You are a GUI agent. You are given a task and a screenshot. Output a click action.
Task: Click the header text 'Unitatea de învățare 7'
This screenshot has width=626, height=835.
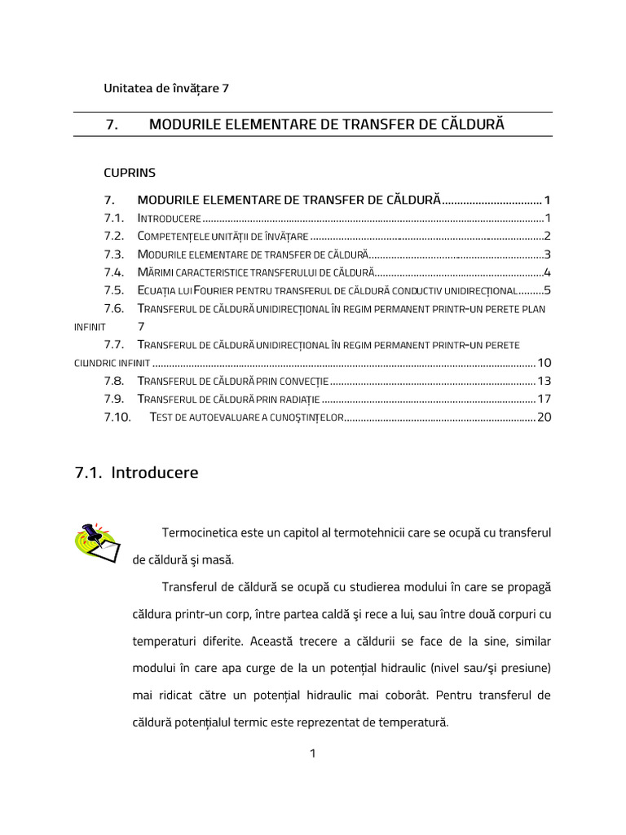[x=166, y=88]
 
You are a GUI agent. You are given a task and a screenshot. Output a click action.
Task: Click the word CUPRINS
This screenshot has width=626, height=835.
[x=130, y=172]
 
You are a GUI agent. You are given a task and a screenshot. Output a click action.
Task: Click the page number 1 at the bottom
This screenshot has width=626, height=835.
[x=312, y=753]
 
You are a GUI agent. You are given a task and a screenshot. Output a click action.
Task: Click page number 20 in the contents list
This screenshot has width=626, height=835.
[x=544, y=417]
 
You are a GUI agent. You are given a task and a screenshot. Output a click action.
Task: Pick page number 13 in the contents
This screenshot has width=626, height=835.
[x=544, y=381]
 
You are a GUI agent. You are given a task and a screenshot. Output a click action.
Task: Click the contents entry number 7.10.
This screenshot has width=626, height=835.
[x=117, y=417]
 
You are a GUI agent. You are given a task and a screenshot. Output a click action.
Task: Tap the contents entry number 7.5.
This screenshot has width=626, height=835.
[x=113, y=290]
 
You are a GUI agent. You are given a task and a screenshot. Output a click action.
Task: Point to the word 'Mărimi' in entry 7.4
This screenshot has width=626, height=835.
[x=156, y=272]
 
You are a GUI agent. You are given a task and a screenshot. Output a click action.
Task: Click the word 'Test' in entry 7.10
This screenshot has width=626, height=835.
[x=163, y=418]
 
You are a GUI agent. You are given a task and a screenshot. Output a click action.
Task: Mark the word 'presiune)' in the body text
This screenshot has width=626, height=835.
[x=524, y=668]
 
